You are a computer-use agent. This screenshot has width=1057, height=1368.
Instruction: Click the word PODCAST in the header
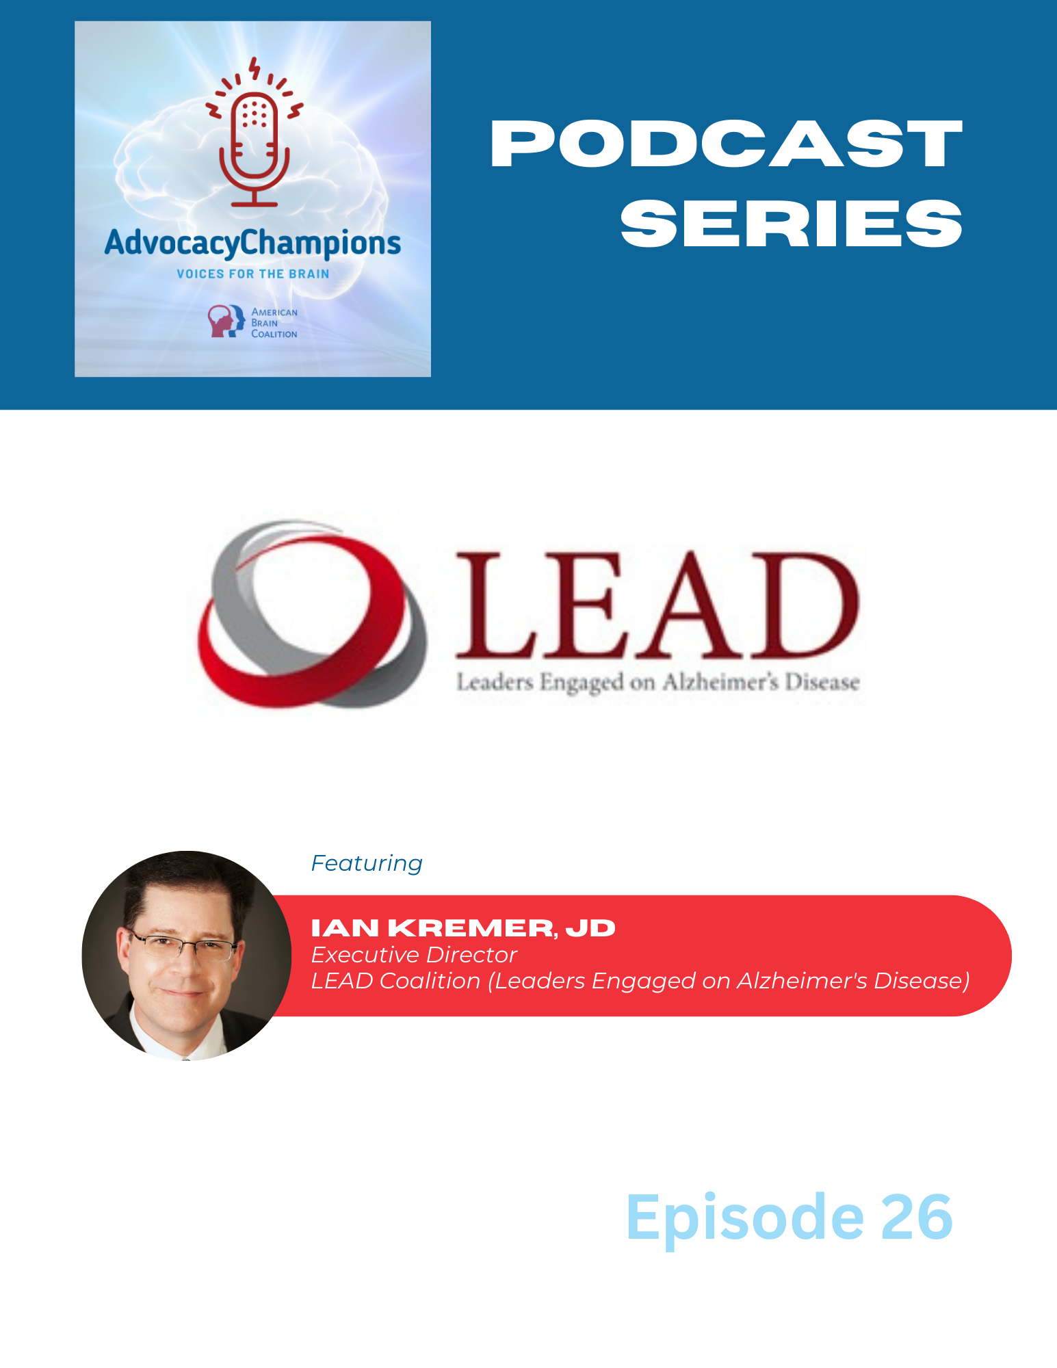pyautogui.click(x=727, y=144)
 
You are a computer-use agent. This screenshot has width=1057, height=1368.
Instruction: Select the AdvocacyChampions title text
pyautogui.click(x=252, y=244)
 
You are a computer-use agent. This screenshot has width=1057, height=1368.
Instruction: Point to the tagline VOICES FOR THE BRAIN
pyautogui.click(x=253, y=274)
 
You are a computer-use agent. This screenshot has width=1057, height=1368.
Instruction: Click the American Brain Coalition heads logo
pyautogui.click(x=226, y=321)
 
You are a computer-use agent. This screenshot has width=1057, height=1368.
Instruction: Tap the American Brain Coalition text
pyautogui.click(x=274, y=323)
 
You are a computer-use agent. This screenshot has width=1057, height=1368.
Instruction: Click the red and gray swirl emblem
pyautogui.click(x=312, y=614)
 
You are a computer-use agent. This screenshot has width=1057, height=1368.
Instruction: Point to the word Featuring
pyautogui.click(x=367, y=864)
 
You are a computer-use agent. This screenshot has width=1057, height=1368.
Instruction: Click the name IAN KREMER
pyautogui.click(x=432, y=928)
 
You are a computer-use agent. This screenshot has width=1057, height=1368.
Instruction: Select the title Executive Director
pyautogui.click(x=414, y=955)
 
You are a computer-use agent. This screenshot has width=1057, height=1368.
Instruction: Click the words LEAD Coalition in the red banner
pyautogui.click(x=395, y=981)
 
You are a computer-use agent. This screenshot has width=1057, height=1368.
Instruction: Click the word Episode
pyautogui.click(x=745, y=1218)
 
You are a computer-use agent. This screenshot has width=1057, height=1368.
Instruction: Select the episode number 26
pyautogui.click(x=916, y=1218)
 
